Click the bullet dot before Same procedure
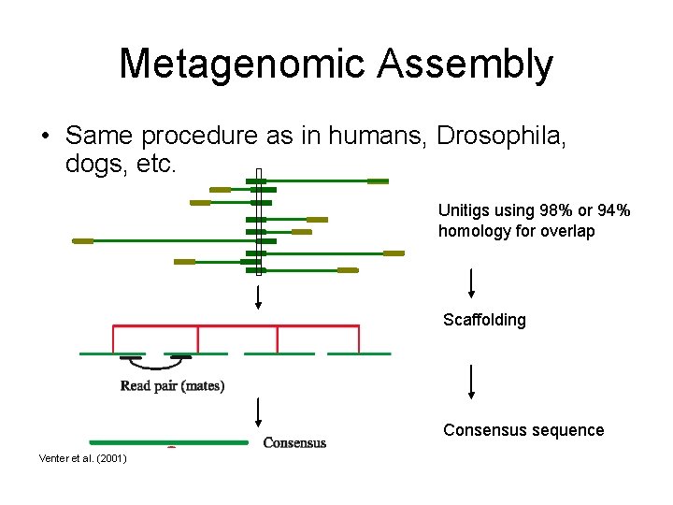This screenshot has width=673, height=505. (x=45, y=137)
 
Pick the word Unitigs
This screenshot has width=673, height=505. (x=464, y=211)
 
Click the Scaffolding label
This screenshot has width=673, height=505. (x=484, y=320)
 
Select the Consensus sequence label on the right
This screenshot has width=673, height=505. (x=523, y=430)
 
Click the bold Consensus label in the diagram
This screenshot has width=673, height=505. (x=294, y=442)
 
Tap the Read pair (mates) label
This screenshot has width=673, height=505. (x=172, y=386)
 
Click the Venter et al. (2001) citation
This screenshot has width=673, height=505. (x=83, y=458)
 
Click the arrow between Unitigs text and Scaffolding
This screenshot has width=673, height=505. (x=471, y=282)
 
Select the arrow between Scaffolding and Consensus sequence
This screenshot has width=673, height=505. (x=471, y=382)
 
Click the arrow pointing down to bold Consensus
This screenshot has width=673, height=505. (x=259, y=414)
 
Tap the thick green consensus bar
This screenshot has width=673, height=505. (x=168, y=442)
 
